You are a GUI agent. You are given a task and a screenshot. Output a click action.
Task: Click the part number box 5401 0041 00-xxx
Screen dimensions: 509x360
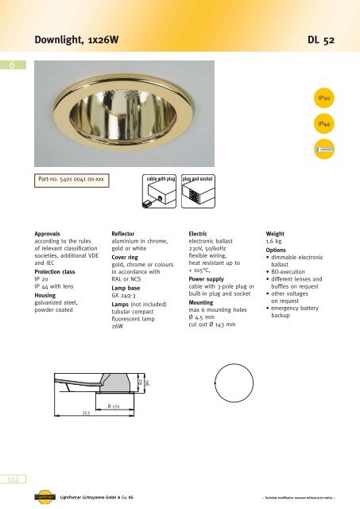click(x=71, y=181)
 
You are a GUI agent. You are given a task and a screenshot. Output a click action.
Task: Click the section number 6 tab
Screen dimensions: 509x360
click(x=11, y=68)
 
